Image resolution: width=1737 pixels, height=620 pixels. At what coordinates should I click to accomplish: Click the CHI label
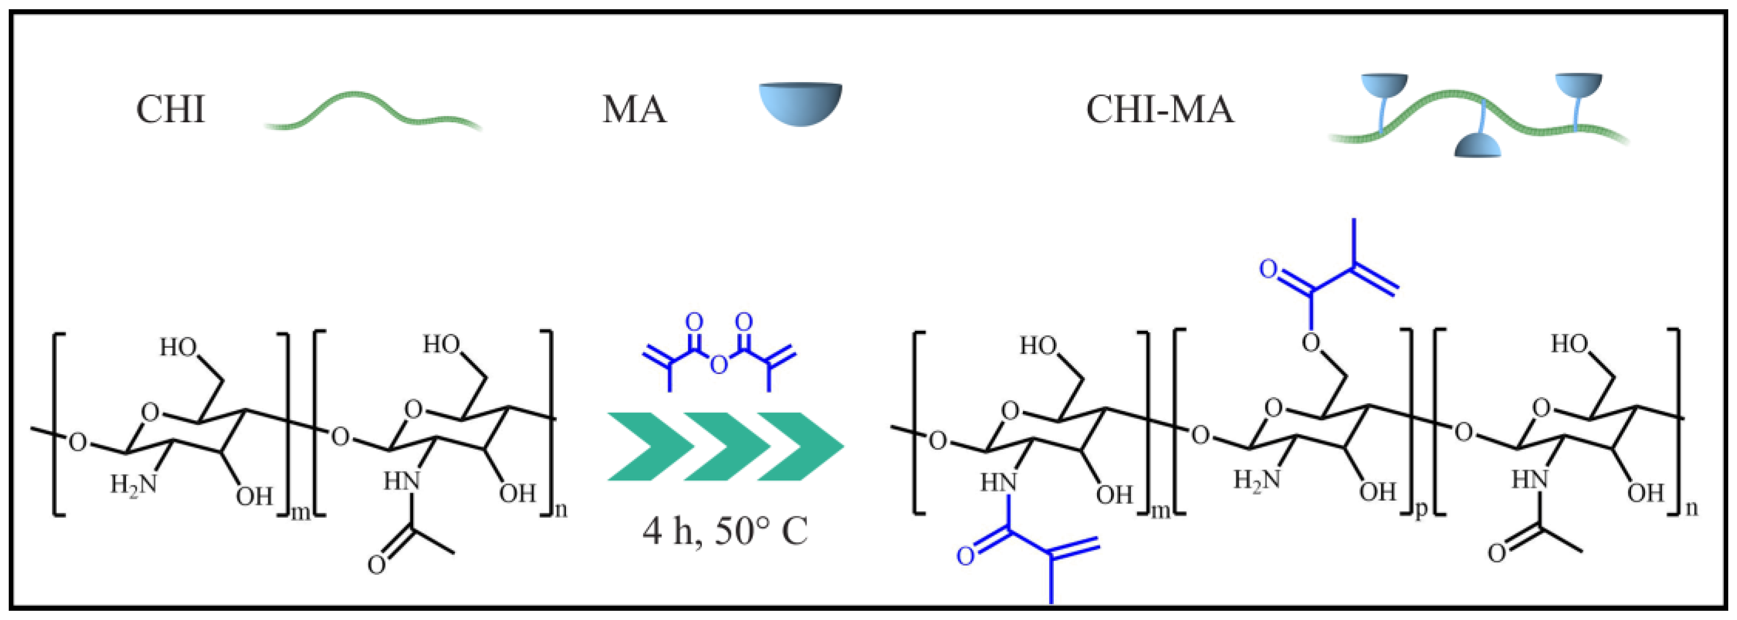pyautogui.click(x=170, y=109)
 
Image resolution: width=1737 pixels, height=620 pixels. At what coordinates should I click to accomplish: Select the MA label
pyautogui.click(x=634, y=109)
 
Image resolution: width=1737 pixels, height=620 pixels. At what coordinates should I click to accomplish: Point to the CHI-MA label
pyautogui.click(x=1160, y=109)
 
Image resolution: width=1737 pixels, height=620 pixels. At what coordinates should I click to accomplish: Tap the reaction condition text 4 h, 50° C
pyautogui.click(x=725, y=531)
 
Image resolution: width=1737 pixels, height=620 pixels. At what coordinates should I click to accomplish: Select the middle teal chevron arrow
pyautogui.click(x=725, y=446)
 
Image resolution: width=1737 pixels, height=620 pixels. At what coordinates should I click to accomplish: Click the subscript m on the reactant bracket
pyautogui.click(x=301, y=514)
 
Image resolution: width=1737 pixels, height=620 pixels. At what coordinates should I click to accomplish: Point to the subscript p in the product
pyautogui.click(x=1421, y=510)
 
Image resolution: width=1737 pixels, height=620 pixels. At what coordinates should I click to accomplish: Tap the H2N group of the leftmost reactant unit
pyautogui.click(x=133, y=483)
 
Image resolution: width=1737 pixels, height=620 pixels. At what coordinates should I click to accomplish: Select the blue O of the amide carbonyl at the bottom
pyautogui.click(x=965, y=557)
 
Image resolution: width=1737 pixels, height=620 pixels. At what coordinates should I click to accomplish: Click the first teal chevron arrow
pyautogui.click(x=649, y=446)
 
